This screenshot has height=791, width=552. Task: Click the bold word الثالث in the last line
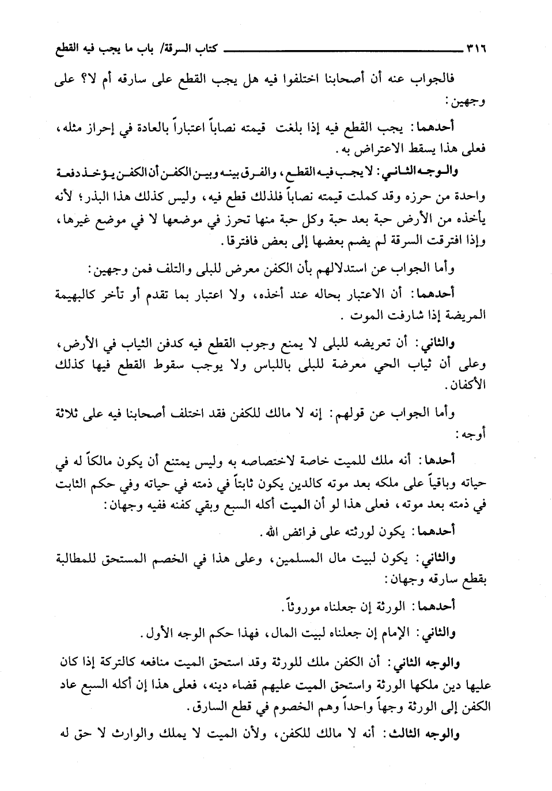click(x=409, y=733)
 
